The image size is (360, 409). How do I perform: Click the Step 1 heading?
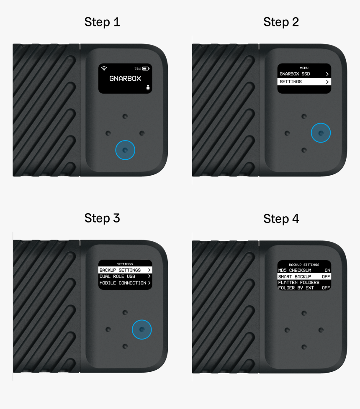[102, 22]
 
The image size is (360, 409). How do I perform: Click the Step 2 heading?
[281, 22]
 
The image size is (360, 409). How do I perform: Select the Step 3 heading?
[102, 218]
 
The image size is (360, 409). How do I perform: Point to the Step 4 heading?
[281, 218]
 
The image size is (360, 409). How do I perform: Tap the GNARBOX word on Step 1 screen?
[125, 78]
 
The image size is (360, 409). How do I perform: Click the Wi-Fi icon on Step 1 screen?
[104, 68]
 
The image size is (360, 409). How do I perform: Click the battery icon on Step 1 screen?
[145, 68]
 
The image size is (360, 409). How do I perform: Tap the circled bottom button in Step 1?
[125, 150]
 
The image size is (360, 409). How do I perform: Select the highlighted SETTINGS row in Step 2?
[304, 82]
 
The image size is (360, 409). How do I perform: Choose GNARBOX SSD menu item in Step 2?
[304, 74]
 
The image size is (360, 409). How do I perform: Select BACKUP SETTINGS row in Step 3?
[125, 270]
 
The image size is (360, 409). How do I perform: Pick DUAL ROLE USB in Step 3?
[125, 276]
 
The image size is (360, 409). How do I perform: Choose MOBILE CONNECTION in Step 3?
[125, 283]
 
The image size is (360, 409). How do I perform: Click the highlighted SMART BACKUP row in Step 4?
[304, 277]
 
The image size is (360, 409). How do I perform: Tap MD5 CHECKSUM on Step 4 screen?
[304, 271]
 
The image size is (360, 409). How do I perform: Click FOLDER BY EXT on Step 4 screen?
[304, 288]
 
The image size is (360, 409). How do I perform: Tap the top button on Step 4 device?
[304, 313]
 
